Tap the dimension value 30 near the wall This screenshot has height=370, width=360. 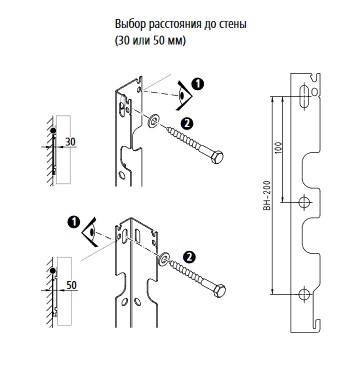(70, 142)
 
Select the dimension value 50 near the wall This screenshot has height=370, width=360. (71, 285)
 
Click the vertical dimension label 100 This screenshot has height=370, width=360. (279, 148)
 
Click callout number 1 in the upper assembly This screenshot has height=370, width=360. (198, 85)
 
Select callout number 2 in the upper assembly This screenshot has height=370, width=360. (187, 124)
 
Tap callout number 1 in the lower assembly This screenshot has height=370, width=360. (73, 222)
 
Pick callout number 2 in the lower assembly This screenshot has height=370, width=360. (189, 257)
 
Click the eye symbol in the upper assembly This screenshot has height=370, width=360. (184, 96)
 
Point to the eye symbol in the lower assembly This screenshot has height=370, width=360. (91, 232)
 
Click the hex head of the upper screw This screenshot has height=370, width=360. (217, 157)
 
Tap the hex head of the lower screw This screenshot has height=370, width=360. (219, 291)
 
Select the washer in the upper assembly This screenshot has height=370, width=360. (153, 121)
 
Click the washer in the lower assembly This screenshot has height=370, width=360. (164, 259)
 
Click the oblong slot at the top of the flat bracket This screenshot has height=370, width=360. (304, 97)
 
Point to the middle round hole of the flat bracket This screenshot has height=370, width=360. (304, 202)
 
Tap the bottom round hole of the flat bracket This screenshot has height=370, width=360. (304, 294)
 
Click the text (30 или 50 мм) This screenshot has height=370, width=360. (150, 41)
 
